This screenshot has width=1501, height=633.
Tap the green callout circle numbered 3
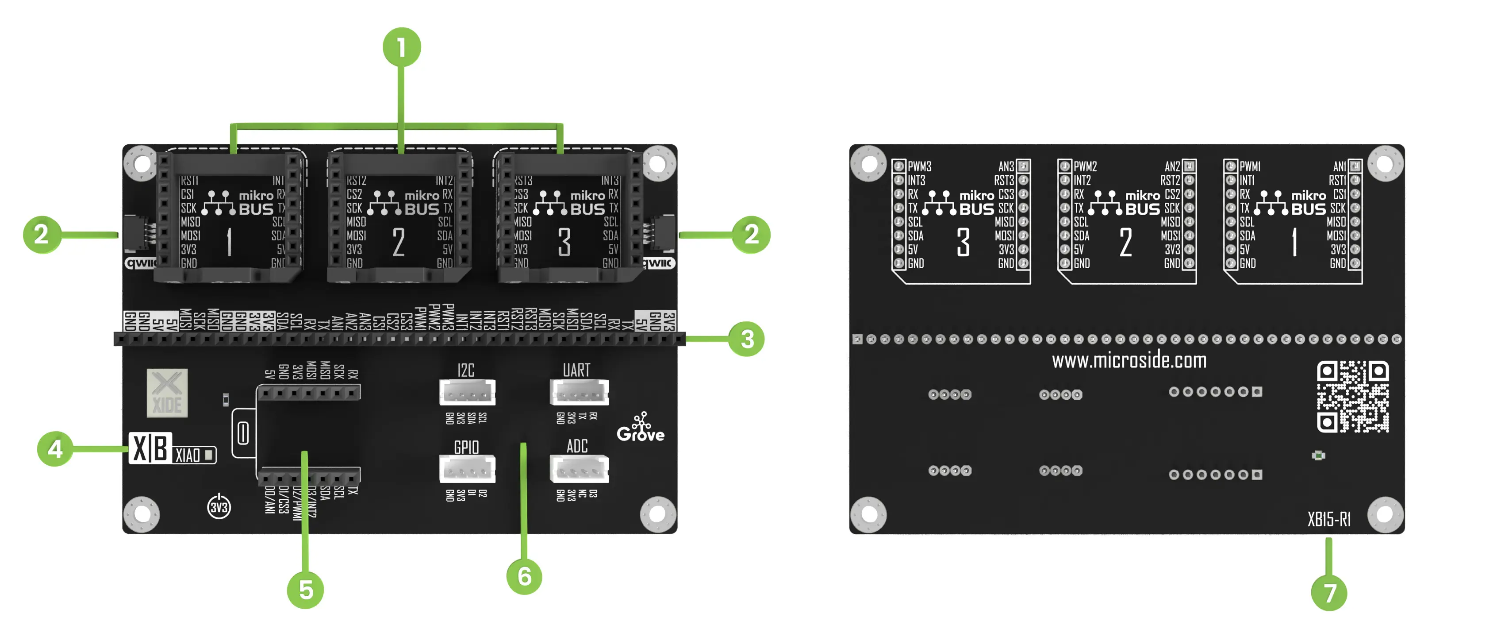747,339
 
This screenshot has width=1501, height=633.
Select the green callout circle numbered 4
55,448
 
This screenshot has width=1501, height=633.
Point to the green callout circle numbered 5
305,590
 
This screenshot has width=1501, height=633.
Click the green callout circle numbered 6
524,576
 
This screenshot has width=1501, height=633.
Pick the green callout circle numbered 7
1329,593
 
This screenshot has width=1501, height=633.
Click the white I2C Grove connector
467,392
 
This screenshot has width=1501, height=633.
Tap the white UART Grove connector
579,392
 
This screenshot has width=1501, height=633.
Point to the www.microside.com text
1129,361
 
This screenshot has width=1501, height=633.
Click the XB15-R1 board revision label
1328,519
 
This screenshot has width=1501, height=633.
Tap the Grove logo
641,428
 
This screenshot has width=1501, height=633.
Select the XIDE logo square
167,393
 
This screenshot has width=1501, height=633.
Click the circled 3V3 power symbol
219,506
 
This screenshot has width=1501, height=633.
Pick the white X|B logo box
150,448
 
